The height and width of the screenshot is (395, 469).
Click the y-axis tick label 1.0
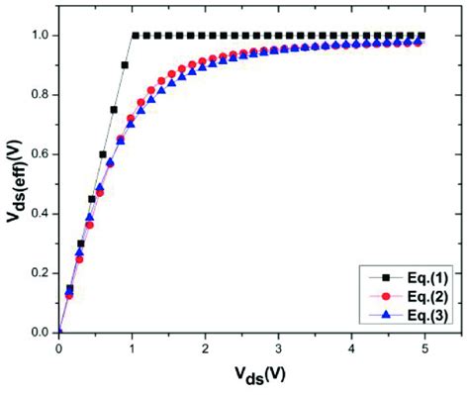click(x=40, y=36)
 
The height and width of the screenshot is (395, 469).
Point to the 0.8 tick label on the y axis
click(x=40, y=95)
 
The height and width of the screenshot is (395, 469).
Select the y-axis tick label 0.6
click(x=40, y=154)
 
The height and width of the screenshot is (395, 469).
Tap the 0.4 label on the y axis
click(x=40, y=214)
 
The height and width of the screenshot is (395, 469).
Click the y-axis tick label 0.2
click(x=40, y=273)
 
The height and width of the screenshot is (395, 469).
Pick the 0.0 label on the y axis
click(x=40, y=333)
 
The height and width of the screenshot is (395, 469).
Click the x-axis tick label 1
click(x=132, y=348)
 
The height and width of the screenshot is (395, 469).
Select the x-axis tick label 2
click(x=205, y=348)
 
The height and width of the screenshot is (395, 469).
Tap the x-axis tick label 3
click(x=278, y=348)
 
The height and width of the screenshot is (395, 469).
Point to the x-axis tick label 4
click(x=351, y=348)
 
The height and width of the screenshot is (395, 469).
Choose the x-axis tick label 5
click(x=424, y=348)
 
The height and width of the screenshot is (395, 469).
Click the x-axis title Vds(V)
click(x=260, y=375)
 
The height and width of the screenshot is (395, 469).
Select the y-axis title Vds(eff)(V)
click(x=15, y=181)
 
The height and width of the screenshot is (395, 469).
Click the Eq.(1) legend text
click(x=427, y=278)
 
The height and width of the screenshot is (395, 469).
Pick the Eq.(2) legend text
click(x=427, y=297)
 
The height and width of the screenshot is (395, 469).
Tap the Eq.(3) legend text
click(x=427, y=316)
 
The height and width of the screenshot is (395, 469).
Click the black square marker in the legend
click(x=386, y=278)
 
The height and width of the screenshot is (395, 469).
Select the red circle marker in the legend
click(x=386, y=297)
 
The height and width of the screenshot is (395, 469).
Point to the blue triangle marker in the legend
click(x=386, y=315)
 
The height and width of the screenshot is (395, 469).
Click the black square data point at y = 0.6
click(x=103, y=154)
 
